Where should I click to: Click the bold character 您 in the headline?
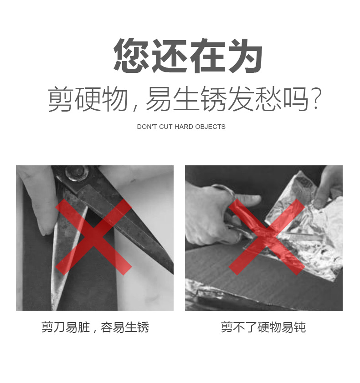[x=131, y=56]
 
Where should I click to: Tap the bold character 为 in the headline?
[x=245, y=56]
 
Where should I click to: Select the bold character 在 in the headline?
[x=207, y=56]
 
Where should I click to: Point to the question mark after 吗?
[x=317, y=98]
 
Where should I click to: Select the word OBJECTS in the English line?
[x=210, y=127]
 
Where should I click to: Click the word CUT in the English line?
[x=166, y=127]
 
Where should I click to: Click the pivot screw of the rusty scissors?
[x=76, y=173]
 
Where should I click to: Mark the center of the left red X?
[x=93, y=237]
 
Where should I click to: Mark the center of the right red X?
[x=267, y=237]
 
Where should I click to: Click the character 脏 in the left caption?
[x=84, y=327]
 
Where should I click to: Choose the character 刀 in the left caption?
[x=60, y=327]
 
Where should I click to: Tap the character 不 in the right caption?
[x=239, y=327]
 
